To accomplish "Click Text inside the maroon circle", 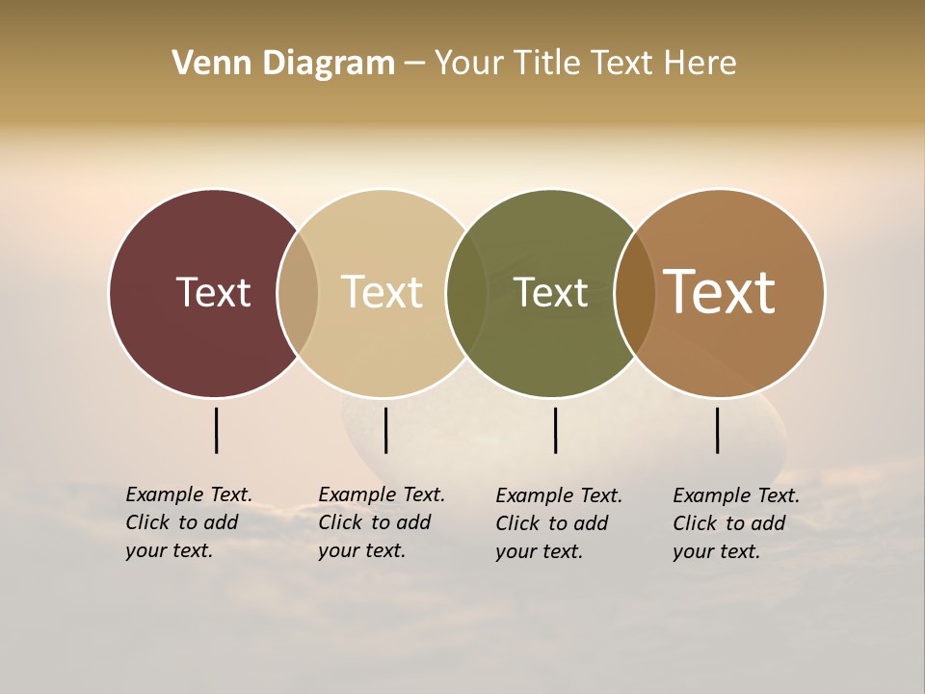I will click(213, 292).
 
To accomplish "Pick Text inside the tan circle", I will click(382, 292).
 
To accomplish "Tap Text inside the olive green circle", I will click(551, 292).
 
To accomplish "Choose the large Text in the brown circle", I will click(720, 292).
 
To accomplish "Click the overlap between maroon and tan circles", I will click(298, 293).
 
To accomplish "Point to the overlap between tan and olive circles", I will click(466, 293).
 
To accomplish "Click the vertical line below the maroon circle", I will click(216, 430).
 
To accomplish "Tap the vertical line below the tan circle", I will click(385, 430).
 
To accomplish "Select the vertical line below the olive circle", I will click(555, 430).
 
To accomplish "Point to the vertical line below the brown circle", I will click(717, 430).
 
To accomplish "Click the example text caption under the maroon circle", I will click(188, 522).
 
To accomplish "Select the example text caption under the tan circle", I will click(381, 522).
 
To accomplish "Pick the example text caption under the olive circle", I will click(558, 523).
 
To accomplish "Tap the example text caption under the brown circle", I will click(735, 523).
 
